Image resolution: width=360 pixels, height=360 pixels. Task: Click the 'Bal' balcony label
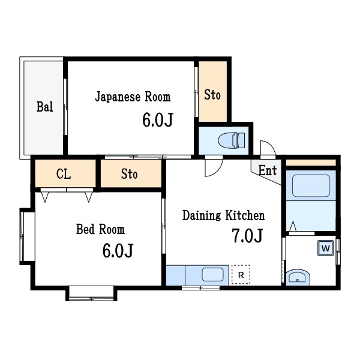coord(44,107)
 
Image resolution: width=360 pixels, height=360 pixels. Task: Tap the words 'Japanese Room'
coord(133,97)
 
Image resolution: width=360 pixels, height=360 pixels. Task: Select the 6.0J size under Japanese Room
coord(157,121)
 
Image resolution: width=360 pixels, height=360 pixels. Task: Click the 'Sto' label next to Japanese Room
coord(212,95)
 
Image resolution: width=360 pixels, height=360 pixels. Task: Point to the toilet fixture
coord(231,140)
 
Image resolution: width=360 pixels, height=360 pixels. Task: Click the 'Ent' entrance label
coord(268,170)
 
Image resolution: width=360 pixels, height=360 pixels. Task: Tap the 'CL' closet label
coord(64,175)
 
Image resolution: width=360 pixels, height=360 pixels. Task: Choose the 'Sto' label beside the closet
coord(129,175)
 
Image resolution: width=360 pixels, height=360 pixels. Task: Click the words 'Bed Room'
coord(100,229)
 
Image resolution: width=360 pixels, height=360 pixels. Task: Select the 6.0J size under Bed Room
coord(117,251)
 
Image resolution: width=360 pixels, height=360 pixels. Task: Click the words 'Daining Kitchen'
coord(223,215)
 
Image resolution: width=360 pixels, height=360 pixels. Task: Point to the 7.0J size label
coord(247,236)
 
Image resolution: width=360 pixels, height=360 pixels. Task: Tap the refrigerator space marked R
coord(241,275)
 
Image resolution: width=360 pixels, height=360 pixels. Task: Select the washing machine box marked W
coord(325,248)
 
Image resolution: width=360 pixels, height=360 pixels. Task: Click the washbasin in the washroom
coord(297,277)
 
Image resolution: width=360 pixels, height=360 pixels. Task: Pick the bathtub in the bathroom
coord(311,186)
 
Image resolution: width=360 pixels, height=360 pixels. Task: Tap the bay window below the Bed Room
coord(91,293)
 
